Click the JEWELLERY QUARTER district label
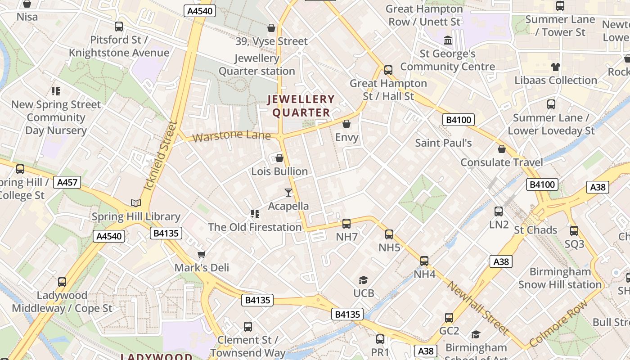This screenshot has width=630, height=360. [x=301, y=106]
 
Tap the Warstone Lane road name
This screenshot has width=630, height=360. [x=231, y=135]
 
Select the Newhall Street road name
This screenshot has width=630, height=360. [x=478, y=308]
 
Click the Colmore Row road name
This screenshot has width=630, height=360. [x=558, y=324]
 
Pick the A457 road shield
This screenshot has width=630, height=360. [x=67, y=182]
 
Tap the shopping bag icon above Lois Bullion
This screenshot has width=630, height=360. [x=279, y=158]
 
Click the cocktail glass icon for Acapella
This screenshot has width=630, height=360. [x=288, y=193]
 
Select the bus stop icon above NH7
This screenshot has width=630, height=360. [x=346, y=223]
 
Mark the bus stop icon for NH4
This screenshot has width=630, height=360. [x=424, y=261]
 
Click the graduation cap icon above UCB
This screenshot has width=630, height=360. [x=364, y=280]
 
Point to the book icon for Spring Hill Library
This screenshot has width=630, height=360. [x=135, y=203]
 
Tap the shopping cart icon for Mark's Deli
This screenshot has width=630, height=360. [x=202, y=254]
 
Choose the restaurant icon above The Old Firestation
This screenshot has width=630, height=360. [x=255, y=214]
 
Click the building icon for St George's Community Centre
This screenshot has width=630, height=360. [x=448, y=40]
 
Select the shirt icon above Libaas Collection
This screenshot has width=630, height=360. [x=556, y=67]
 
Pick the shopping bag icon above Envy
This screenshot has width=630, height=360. [x=346, y=124]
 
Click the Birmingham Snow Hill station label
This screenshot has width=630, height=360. [x=560, y=278]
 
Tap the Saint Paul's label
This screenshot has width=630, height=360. [x=443, y=143]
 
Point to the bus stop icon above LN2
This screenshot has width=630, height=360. [x=499, y=211]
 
